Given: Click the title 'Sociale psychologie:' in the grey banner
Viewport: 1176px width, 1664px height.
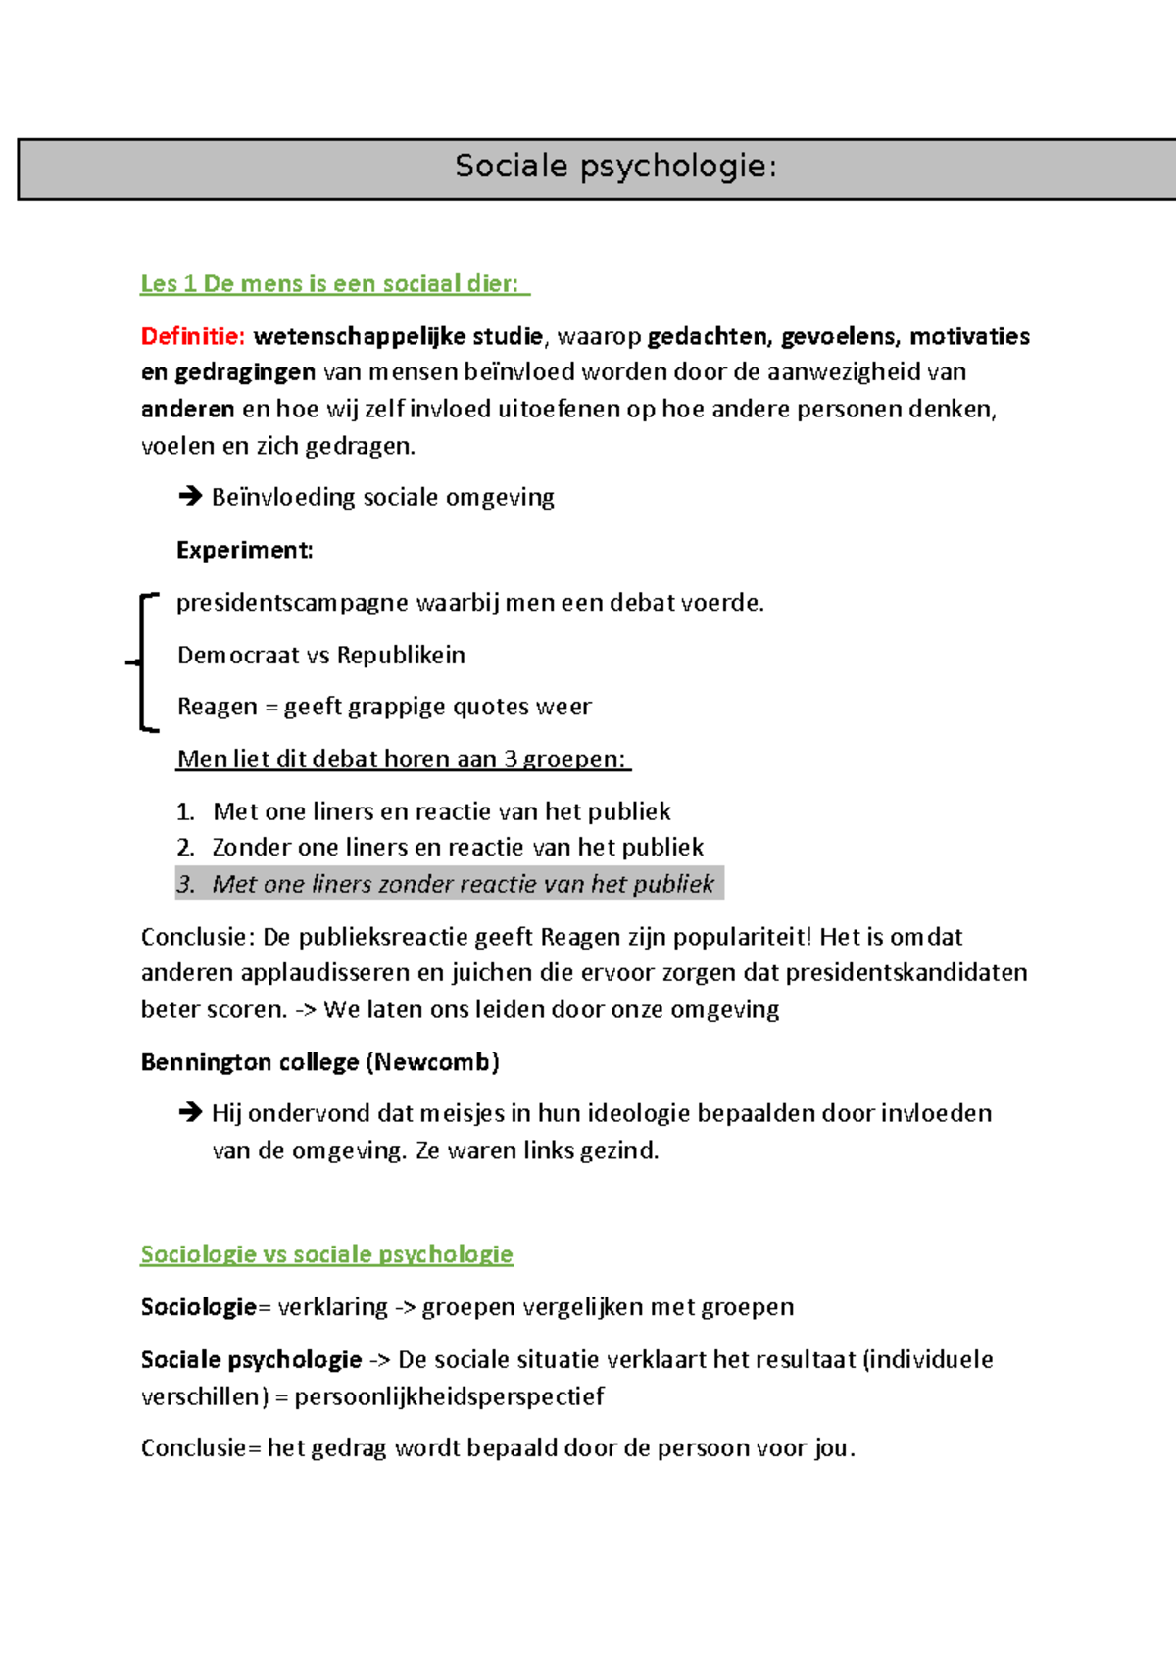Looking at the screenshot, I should point(615,167).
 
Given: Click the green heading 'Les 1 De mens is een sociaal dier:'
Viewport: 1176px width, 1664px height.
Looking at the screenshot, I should point(333,284).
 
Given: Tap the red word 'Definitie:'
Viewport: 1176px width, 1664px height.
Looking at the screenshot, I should point(192,337).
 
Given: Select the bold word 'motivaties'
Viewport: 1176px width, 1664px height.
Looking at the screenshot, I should point(968,337).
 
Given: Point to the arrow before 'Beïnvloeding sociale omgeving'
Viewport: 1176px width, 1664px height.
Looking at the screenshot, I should point(189,497).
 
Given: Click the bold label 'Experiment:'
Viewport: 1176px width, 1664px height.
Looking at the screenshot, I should point(244,551).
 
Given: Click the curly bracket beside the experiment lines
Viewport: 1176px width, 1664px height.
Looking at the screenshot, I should point(142,662).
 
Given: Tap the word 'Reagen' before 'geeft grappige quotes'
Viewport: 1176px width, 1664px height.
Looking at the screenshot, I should point(217,708).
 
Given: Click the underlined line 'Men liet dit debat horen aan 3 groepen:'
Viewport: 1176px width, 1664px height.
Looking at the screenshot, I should point(402,759).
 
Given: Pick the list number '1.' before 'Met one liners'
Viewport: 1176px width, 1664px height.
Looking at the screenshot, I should point(186,812).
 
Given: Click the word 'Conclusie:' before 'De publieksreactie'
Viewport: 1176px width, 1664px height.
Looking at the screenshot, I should point(197,938).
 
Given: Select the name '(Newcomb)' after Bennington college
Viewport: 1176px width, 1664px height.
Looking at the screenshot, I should point(432,1063).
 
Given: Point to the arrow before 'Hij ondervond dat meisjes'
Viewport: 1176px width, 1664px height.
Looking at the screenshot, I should point(189,1113).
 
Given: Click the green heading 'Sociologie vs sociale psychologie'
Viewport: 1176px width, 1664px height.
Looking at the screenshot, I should point(326,1255).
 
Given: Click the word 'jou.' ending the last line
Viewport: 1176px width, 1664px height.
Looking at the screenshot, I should point(834,1449).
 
